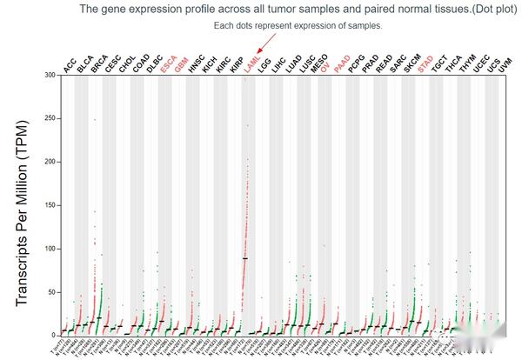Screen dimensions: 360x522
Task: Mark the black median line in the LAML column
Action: pos(245,258)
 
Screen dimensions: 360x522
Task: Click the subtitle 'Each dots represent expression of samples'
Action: pos(298,25)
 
